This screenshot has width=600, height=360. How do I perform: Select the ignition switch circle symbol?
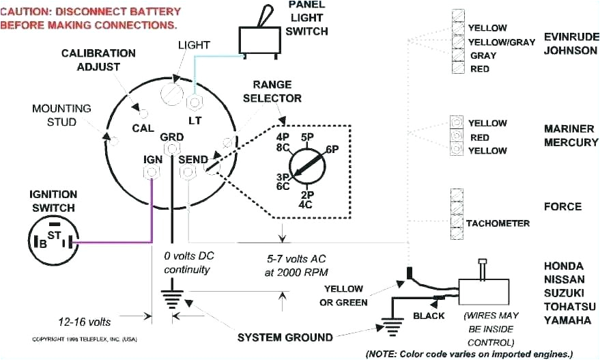click(x=51, y=240)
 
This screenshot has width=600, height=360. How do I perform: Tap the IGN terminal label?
click(x=152, y=159)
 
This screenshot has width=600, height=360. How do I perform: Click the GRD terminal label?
click(x=171, y=137)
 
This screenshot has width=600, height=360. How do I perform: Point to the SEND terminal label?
click(x=192, y=159)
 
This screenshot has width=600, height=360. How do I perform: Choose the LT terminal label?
click(x=195, y=119)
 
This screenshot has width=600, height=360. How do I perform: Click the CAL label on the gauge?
click(x=143, y=127)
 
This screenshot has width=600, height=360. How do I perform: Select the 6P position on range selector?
click(x=332, y=149)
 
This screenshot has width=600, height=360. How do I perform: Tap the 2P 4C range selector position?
click(x=305, y=198)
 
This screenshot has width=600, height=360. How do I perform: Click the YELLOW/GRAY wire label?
click(x=501, y=42)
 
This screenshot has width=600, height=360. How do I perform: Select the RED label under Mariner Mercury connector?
click(x=478, y=137)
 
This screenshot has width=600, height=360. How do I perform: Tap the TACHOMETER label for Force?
click(x=498, y=223)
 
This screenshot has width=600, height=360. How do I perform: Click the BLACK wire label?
click(x=429, y=316)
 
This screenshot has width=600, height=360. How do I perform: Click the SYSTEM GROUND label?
click(x=285, y=337)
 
